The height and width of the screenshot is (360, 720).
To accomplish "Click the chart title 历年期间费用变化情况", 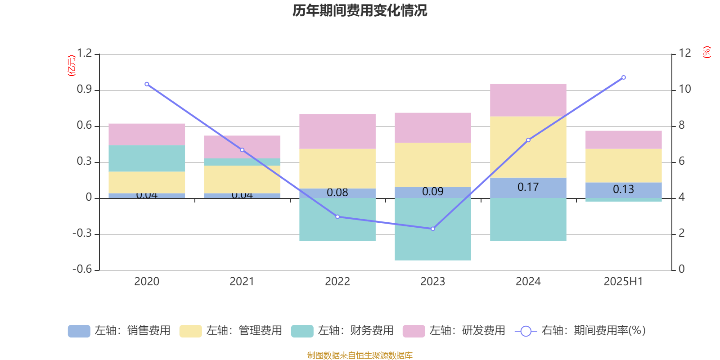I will tap(360, 10).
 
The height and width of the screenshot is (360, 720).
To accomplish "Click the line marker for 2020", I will tap(147, 84).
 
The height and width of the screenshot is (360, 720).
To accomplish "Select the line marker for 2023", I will tap(433, 229).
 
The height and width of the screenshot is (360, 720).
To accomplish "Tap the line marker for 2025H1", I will tap(624, 77).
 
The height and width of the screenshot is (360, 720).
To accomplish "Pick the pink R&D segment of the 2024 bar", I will tap(528, 100).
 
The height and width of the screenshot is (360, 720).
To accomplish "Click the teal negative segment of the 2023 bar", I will tap(433, 229).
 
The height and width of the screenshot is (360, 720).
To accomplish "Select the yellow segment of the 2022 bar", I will tap(337, 168).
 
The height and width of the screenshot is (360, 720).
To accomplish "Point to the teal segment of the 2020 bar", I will tap(147, 158).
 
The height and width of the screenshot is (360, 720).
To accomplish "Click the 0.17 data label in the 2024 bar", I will tap(528, 187).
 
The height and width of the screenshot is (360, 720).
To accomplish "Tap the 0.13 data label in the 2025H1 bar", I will tap(624, 189).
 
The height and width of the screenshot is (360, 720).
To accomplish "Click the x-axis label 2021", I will tap(242, 282).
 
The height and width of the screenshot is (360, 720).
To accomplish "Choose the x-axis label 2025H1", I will tap(623, 282).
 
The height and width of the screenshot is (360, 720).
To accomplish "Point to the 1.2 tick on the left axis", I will tap(84, 54).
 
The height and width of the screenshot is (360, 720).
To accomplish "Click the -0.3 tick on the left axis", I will tap(82, 234).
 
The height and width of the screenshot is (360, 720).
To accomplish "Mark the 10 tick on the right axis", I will tap(685, 89).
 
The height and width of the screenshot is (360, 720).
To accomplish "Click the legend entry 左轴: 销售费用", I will tap(120, 331).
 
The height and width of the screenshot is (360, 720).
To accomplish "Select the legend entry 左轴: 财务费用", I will tap(342, 331).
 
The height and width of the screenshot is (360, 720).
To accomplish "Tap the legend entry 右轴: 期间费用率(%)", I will tap(580, 331).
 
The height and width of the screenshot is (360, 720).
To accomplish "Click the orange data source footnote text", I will tap(360, 355).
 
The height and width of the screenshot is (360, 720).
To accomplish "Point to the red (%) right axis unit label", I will tap(707, 52).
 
